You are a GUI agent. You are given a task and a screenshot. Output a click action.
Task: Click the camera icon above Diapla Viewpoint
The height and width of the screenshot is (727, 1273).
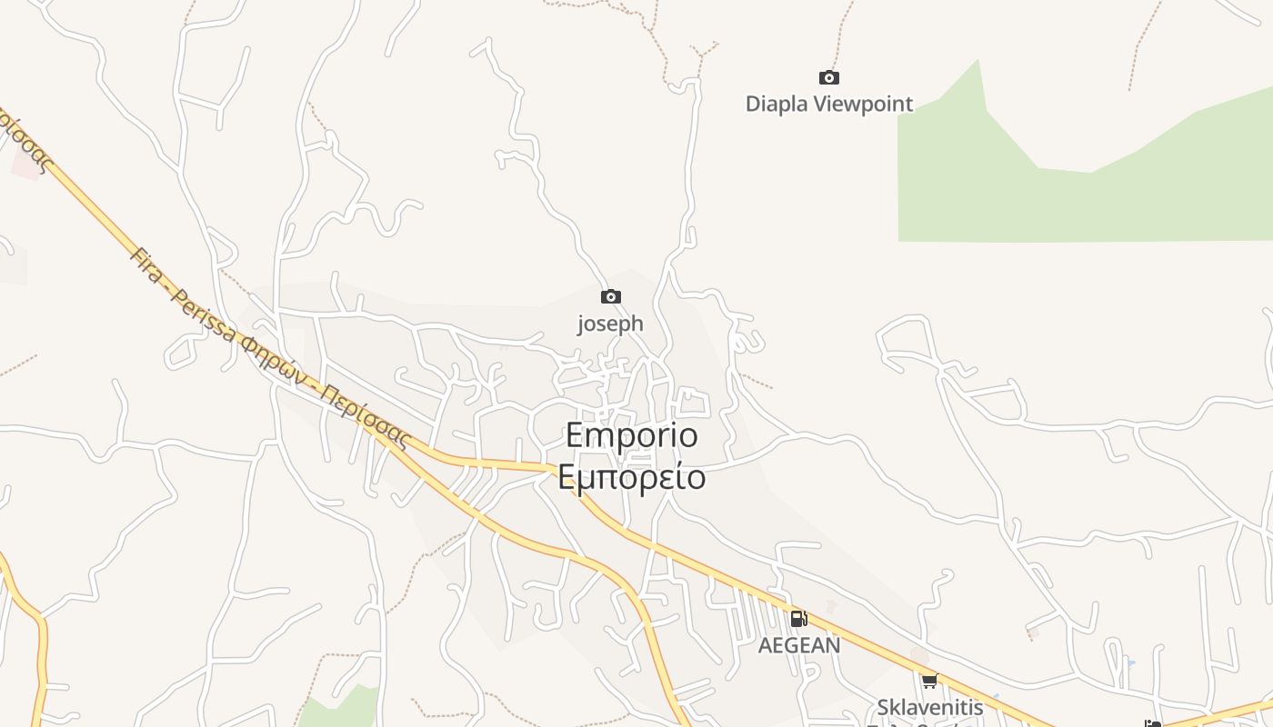pos(828,78)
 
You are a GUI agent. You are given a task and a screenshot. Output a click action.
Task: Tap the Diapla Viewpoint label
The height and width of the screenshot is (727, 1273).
pos(828,104)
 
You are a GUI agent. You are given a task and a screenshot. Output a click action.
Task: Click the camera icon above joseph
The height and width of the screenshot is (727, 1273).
pos(610,296)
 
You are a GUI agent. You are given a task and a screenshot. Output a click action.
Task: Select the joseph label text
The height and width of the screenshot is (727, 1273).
pos(610,324)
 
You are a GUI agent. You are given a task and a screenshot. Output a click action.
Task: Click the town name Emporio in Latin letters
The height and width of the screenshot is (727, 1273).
pos(632,435)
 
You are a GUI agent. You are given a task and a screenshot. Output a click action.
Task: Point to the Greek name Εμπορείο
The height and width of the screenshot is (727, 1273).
pos(632,476)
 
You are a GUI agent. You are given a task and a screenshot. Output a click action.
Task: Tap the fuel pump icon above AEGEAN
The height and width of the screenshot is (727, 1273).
pos(798,619)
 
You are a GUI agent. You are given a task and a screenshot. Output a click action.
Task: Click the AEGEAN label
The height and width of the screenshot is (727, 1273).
pos(799,645)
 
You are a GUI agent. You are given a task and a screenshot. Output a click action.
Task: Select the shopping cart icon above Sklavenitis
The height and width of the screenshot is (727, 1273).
pos(928,681)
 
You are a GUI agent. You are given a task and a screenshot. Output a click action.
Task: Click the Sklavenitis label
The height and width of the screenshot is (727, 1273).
pos(929,707)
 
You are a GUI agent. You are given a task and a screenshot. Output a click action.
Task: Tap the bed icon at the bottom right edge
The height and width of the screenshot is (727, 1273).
pos(1153,723)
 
